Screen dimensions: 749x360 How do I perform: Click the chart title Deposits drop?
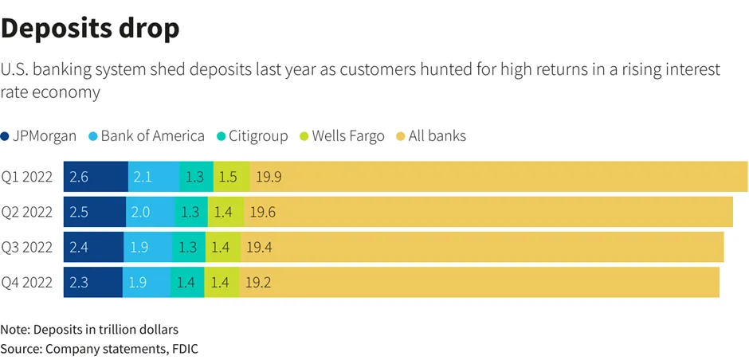(x=90, y=29)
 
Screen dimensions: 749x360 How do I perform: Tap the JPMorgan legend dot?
(x=6, y=136)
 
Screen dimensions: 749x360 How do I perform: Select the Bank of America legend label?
(x=153, y=136)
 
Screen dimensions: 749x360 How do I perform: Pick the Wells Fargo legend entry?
(x=342, y=136)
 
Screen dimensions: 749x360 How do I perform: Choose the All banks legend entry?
(x=431, y=136)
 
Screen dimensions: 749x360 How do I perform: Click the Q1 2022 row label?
(x=27, y=177)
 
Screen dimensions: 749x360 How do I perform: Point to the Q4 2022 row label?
(x=27, y=282)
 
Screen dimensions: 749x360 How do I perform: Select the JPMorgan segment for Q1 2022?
(x=96, y=177)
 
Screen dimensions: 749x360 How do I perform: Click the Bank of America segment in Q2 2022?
(x=150, y=212)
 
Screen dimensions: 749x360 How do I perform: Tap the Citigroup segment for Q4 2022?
(x=187, y=282)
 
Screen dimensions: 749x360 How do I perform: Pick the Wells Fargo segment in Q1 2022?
(x=232, y=177)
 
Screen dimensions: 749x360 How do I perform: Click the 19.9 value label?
(x=269, y=177)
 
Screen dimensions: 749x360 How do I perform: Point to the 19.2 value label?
(x=258, y=283)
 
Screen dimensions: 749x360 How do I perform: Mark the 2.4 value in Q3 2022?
(x=79, y=248)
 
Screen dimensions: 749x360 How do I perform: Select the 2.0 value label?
(x=141, y=213)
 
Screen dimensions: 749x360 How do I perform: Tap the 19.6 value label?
(x=263, y=213)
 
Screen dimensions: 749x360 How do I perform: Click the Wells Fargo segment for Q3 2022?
(x=223, y=247)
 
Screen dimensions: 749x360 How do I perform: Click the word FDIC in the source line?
(x=186, y=349)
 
